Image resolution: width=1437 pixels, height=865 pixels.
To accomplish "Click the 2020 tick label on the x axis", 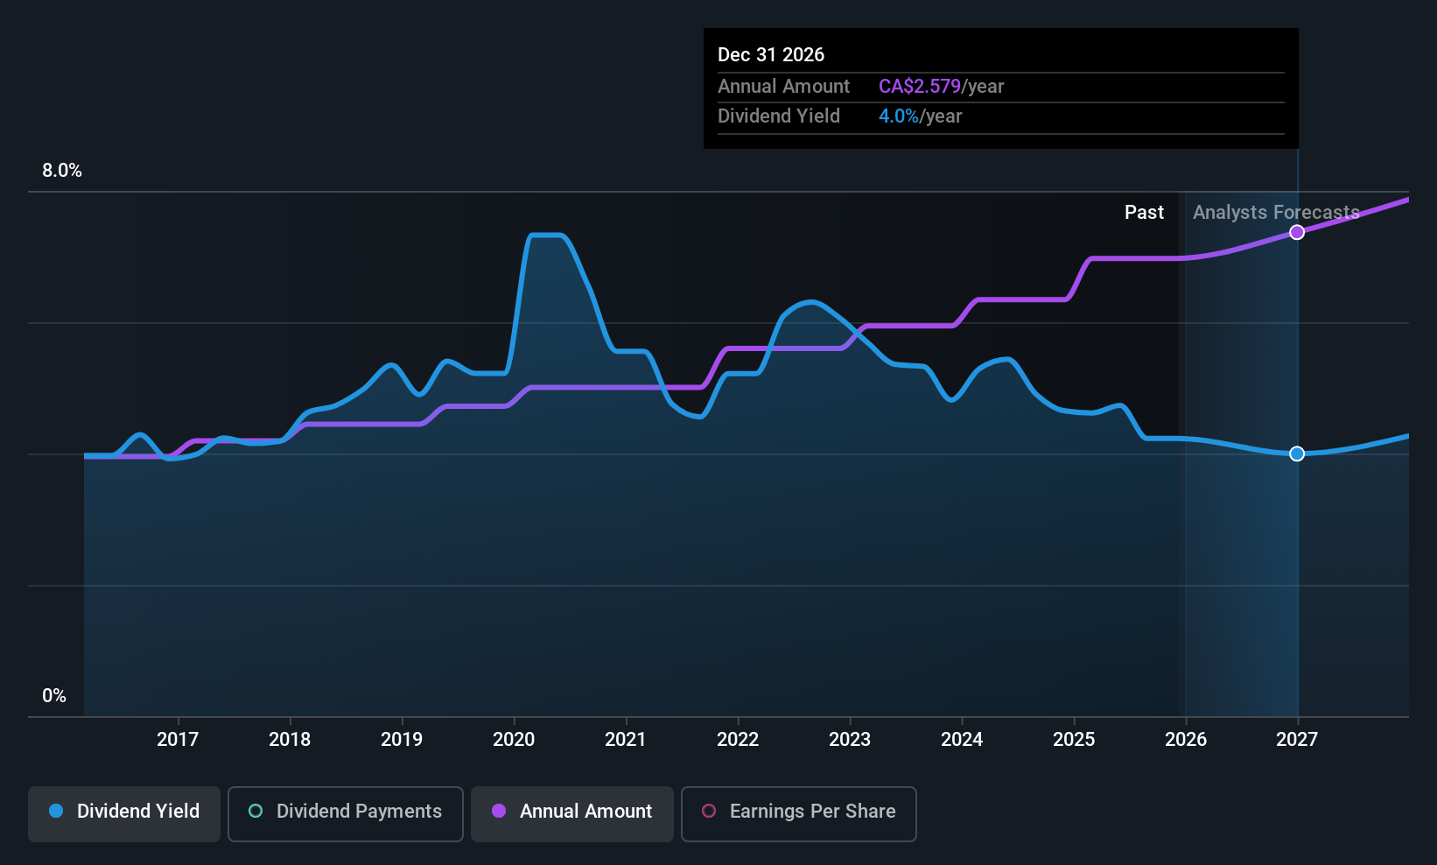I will point(514,740).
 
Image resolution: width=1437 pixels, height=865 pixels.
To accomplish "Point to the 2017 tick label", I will point(178,740).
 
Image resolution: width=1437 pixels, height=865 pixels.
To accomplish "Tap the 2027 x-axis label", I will point(1297,740).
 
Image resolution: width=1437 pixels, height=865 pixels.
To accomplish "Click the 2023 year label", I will point(850,740).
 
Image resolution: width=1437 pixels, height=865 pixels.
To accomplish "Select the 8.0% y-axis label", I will point(62,171).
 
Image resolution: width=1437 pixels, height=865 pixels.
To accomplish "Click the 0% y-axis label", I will point(54,696).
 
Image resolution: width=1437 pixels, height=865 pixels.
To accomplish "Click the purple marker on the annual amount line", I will point(1297,232).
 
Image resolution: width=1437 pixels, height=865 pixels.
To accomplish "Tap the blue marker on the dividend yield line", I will point(1297,454).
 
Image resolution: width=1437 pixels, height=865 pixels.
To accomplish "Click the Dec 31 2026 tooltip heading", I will point(771,55).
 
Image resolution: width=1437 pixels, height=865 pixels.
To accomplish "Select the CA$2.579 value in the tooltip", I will point(919,87).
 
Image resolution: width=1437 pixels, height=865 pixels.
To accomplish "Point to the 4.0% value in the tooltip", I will point(899,116).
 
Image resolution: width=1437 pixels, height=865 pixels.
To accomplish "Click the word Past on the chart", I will point(1144,213).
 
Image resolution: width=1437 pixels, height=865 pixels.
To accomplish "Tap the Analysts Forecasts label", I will point(1276,213).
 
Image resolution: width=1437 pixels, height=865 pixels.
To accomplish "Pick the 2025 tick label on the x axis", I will point(1074,740).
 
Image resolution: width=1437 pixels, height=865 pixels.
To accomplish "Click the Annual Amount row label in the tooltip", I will point(783,87).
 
